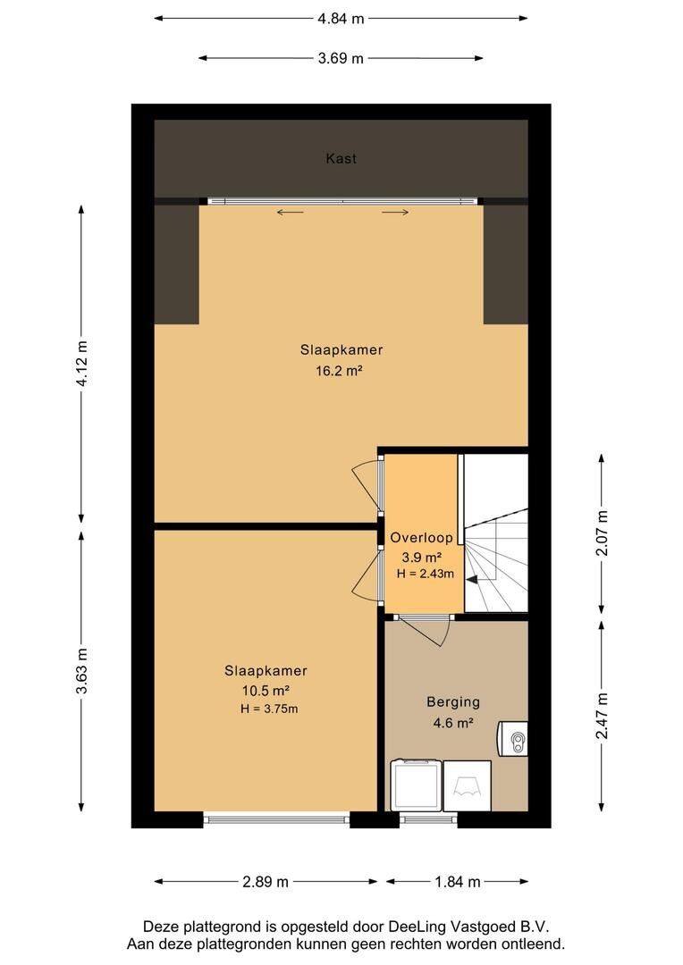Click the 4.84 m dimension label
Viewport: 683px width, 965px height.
[x=341, y=19]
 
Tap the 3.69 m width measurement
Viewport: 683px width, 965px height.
[x=341, y=59]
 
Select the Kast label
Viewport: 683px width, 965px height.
[x=341, y=159]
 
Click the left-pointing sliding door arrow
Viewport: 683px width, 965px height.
[x=290, y=213]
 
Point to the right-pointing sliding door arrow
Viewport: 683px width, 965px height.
[x=395, y=213]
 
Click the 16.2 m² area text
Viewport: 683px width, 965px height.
[x=339, y=371]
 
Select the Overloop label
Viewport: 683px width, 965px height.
[x=421, y=538]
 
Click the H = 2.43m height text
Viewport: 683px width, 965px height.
[x=425, y=575]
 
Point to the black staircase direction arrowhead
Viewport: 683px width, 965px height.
[x=472, y=579]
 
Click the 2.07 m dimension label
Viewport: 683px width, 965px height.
[x=602, y=533]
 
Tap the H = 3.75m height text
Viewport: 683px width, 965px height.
[x=269, y=709]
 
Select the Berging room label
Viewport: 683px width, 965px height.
[x=453, y=702]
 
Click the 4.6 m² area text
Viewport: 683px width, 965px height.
[x=453, y=723]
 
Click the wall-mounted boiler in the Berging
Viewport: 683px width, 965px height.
[x=513, y=739]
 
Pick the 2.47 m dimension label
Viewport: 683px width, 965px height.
[x=602, y=716]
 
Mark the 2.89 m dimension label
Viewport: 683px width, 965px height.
[x=266, y=882]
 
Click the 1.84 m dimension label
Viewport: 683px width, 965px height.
[x=457, y=882]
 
